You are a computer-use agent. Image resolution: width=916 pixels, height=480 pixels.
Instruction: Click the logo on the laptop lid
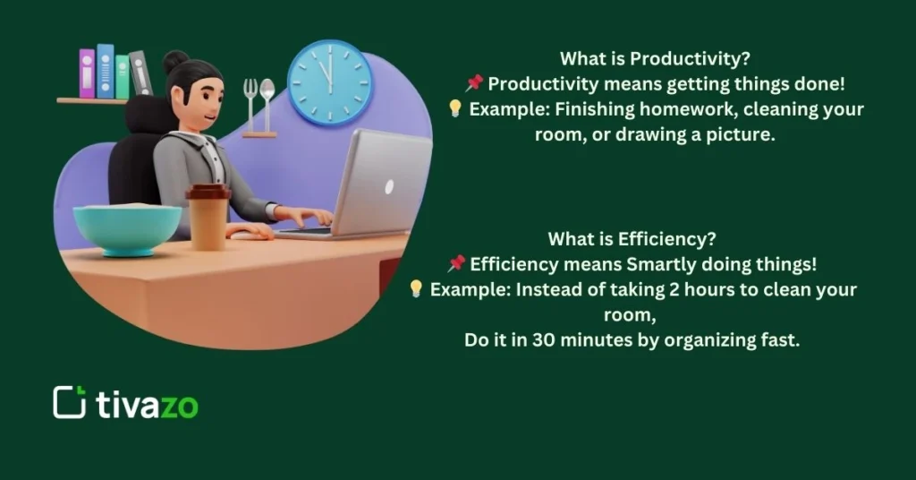point(388,187)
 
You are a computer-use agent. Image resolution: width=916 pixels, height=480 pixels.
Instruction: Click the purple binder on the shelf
point(87,73)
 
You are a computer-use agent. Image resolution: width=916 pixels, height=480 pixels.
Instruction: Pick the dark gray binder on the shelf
point(141,73)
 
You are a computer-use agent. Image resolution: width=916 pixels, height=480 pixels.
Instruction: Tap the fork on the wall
point(250,100)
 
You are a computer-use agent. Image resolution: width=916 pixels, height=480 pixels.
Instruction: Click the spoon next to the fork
point(267,100)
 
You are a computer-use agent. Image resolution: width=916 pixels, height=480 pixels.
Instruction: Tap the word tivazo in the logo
point(147,405)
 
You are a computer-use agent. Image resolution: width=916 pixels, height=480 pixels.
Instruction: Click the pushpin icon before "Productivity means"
point(474,83)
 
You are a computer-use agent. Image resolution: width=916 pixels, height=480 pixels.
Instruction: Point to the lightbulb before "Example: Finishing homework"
point(454,108)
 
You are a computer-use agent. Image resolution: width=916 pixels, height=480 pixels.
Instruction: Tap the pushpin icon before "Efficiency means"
point(456,264)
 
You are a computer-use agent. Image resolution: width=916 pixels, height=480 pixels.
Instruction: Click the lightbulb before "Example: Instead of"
point(416,289)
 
